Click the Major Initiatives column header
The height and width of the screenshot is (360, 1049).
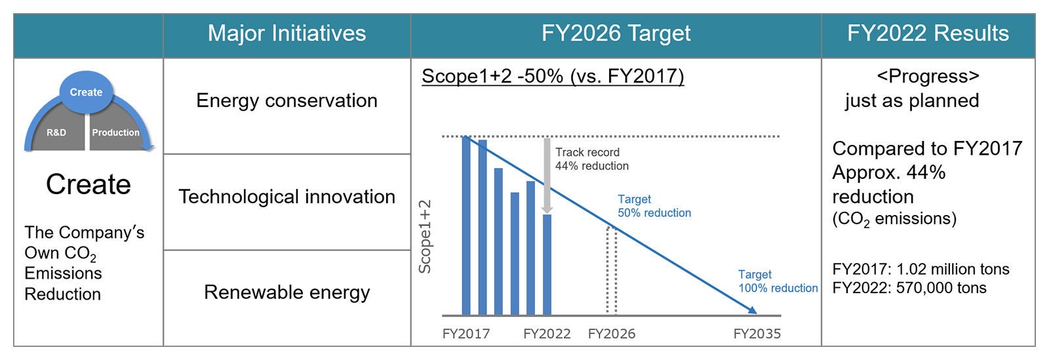(287, 33)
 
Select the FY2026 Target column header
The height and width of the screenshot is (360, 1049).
(616, 33)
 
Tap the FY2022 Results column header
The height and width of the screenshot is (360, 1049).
(927, 33)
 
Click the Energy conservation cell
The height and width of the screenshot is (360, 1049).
(287, 100)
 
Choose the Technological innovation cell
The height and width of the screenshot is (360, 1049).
(287, 197)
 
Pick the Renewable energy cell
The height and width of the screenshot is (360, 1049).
(287, 292)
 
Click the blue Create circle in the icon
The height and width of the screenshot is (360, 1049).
(86, 92)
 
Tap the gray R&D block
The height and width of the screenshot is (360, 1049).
(56, 133)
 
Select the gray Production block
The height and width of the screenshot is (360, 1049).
(115, 133)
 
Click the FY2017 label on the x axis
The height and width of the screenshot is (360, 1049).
(465, 334)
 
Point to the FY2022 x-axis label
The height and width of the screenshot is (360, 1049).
(546, 334)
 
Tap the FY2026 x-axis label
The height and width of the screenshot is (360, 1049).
(611, 334)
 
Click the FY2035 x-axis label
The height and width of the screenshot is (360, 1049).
(757, 334)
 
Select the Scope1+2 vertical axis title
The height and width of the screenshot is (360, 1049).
(425, 237)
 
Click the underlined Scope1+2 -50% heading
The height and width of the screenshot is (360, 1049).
(552, 77)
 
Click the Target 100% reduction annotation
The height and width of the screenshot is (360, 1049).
(778, 281)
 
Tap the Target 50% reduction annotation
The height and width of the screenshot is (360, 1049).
(654, 206)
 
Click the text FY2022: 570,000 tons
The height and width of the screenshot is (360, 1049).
(909, 288)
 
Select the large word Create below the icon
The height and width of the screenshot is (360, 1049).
(89, 185)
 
